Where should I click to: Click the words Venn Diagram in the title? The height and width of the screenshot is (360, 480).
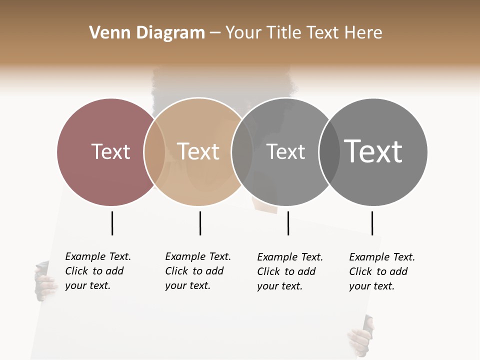[147, 33]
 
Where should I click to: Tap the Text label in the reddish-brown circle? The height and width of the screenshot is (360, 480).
[110, 151]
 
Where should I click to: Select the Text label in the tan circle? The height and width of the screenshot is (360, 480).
[198, 151]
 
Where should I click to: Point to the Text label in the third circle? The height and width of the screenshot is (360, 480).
[285, 151]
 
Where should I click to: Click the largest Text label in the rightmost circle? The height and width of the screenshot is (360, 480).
[373, 151]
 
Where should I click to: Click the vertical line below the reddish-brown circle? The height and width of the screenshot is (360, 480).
[112, 223]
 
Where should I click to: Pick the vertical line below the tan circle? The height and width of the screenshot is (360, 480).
[200, 223]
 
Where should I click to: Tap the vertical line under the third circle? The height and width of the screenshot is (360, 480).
[288, 223]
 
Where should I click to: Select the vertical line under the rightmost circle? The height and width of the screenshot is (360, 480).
[372, 223]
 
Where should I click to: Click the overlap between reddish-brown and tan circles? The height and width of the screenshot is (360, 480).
[154, 151]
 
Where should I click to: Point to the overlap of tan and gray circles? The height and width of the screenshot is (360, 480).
[241, 151]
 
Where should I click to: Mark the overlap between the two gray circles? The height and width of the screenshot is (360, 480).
[329, 151]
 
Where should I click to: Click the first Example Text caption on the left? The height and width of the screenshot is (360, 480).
[97, 271]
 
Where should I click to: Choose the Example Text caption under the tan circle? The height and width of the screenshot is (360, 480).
[197, 271]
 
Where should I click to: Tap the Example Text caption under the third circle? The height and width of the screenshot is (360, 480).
[289, 271]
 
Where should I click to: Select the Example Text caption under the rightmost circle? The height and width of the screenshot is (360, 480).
[381, 271]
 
